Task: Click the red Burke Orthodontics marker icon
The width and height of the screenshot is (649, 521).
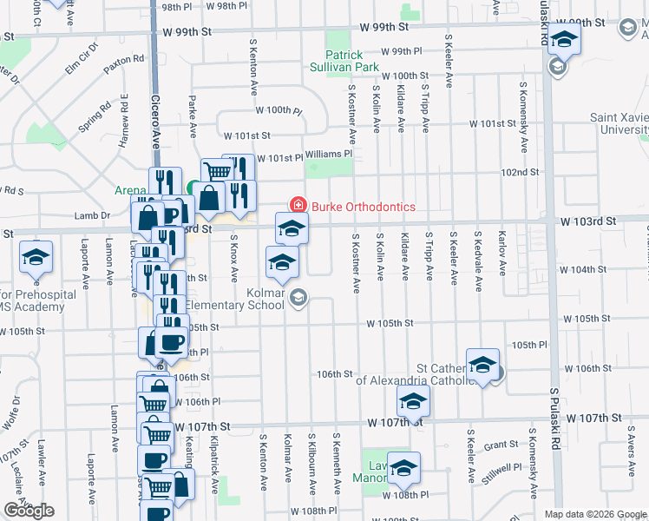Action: pos(298,205)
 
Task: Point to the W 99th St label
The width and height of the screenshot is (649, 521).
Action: pos(187,31)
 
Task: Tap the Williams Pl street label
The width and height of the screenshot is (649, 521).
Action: pos(329,154)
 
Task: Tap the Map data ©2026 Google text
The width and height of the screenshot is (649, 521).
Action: pos(595,514)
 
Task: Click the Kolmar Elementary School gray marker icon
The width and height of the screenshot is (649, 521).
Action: pos(298,299)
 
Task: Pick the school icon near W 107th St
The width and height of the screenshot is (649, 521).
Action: pos(414,401)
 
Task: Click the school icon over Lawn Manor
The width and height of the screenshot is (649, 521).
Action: pos(403,468)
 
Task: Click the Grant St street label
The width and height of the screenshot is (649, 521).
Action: pos(501,445)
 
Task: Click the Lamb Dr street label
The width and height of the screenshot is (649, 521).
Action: pos(93,215)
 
